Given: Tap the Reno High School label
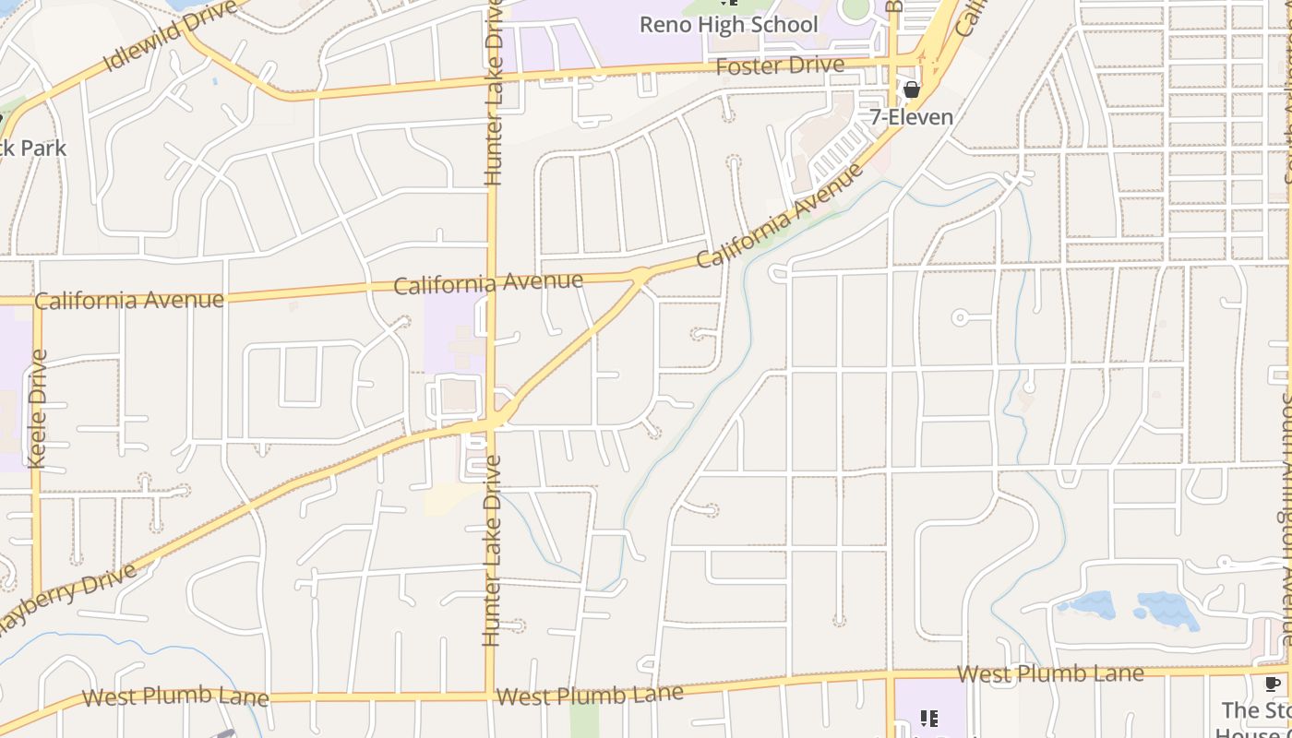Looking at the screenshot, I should (729, 25).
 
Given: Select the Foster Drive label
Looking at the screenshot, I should (780, 65).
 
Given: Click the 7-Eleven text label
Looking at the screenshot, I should (912, 117).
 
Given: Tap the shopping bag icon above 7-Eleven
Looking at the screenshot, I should (912, 89).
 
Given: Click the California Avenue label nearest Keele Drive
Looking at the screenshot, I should (129, 300).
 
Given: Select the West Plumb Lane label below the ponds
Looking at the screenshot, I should (1050, 673).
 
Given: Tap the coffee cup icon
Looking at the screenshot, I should (1272, 684).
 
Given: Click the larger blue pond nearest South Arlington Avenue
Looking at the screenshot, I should (1167, 610).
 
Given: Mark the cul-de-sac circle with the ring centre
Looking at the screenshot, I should (960, 317).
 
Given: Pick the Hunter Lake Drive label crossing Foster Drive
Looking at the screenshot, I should (494, 92).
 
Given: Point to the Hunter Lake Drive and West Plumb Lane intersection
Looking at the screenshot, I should (488, 695).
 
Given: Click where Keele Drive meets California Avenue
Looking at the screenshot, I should (37, 301).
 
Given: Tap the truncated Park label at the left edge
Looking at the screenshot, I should (33, 148).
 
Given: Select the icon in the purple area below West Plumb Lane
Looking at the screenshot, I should (929, 719).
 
